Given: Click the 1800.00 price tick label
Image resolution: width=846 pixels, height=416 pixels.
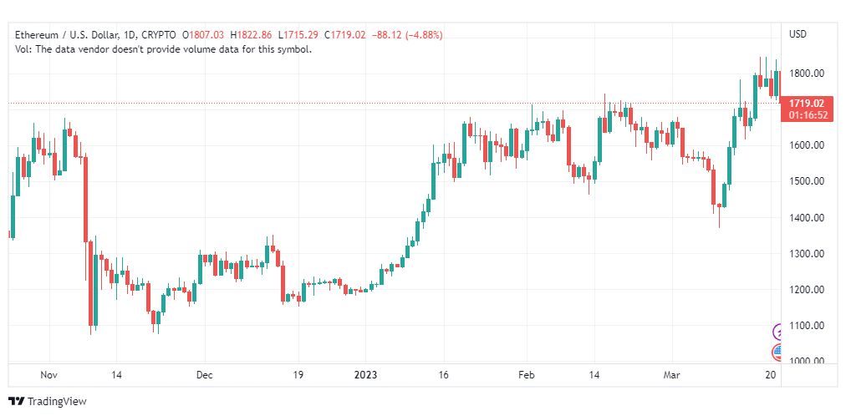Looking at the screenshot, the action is coord(806,73).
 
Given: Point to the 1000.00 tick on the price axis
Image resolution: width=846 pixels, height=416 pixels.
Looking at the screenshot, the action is coord(806,361).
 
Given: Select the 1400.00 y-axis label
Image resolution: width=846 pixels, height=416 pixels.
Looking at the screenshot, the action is coord(806,217).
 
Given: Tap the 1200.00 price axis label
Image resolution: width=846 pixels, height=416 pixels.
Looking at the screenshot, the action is coord(806,289).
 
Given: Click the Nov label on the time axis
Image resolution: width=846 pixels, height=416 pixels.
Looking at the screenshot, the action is coord(48,374).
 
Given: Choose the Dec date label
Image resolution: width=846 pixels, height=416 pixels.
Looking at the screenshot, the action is coord(205,374).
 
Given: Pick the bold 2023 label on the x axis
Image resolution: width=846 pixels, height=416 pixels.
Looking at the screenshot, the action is coord(365,374).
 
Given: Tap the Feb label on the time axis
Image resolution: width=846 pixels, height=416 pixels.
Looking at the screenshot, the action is coord(526,374).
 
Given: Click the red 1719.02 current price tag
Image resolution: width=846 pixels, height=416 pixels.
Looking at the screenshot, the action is coord(806,103).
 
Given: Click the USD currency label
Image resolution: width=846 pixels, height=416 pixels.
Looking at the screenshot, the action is coord(798,34).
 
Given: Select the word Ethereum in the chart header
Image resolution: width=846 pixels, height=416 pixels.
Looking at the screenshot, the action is coord(37,35).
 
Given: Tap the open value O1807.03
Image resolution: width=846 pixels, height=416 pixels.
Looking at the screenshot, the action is coord(203,35).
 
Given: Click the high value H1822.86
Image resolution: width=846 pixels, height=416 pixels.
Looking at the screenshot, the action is coord(251,35).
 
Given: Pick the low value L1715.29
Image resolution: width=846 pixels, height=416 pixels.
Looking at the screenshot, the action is coord(298,35).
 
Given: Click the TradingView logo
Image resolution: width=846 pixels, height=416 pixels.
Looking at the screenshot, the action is coord(48,401).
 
